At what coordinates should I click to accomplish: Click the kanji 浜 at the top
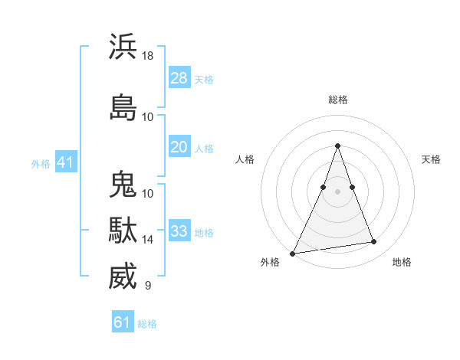click(x=123, y=47)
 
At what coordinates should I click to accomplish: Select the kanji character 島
click(x=123, y=107)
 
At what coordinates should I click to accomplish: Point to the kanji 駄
click(x=123, y=231)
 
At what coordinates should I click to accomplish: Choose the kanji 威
click(x=123, y=277)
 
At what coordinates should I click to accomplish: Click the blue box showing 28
click(x=179, y=78)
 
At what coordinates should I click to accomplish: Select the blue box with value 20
click(x=179, y=147)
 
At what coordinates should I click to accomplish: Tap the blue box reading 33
click(x=179, y=231)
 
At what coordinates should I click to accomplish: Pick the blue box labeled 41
click(x=65, y=162)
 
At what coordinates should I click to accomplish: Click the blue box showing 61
click(x=123, y=322)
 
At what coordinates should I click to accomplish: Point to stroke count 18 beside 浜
click(x=148, y=56)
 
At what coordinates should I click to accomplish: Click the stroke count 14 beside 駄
click(x=148, y=240)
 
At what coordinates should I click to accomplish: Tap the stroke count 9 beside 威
click(x=148, y=286)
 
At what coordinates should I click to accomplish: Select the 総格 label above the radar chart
click(x=337, y=100)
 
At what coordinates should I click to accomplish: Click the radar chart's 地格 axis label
click(x=402, y=262)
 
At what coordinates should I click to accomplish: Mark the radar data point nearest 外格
click(x=293, y=253)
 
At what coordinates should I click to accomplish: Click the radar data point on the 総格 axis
click(x=337, y=146)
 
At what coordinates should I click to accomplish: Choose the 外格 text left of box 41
click(x=41, y=163)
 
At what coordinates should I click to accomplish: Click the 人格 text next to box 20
click(x=204, y=148)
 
